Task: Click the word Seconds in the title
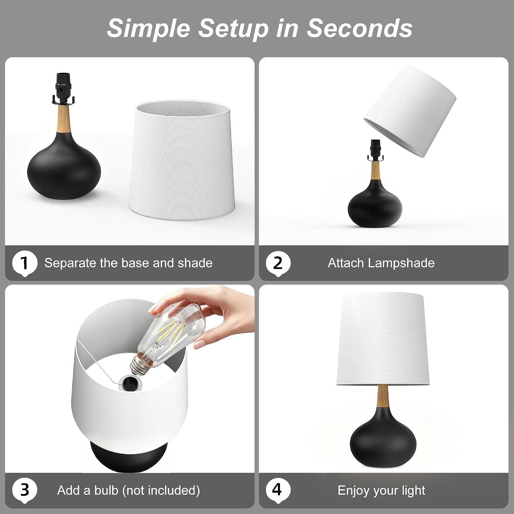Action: point(359,28)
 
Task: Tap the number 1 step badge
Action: point(25,264)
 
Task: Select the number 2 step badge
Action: point(278,264)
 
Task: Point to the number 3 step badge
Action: point(25,490)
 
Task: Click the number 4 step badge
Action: point(278,490)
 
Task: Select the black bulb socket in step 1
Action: point(63,88)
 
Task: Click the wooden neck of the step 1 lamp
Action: point(64,119)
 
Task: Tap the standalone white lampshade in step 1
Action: point(182,160)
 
